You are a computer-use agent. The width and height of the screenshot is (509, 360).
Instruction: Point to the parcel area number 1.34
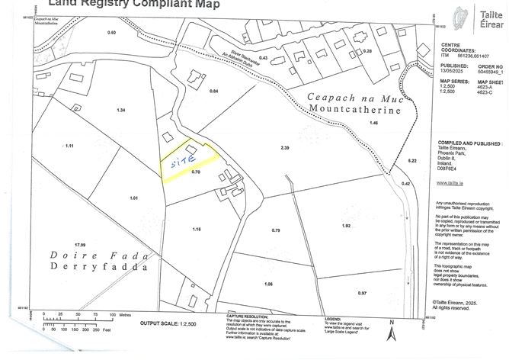pos(120,111)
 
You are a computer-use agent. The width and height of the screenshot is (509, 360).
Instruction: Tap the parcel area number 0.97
pos(362,293)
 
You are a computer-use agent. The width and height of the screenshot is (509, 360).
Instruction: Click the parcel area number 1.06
pos(267,284)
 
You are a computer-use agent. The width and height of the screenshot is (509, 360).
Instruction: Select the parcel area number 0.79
pos(276,230)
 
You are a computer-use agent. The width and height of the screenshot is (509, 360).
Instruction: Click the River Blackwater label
pos(216,60)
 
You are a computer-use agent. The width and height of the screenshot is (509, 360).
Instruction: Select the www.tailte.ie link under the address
pos(447,182)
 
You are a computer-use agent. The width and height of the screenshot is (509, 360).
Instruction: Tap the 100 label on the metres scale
pos(113,314)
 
